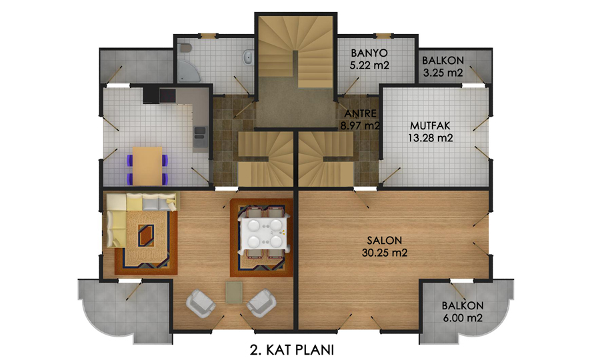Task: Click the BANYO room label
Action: [x=369, y=53]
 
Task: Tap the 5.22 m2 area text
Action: [x=369, y=65]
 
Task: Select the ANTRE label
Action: [x=360, y=113]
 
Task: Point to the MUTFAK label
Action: [x=430, y=125]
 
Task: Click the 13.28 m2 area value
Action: [x=430, y=138]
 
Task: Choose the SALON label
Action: [x=385, y=240]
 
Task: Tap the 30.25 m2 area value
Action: [x=385, y=253]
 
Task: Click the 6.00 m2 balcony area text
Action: [x=463, y=317]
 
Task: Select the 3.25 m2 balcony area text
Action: [x=443, y=72]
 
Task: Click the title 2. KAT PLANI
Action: [x=292, y=350]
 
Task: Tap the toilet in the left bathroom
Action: [x=185, y=48]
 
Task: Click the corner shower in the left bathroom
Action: [x=188, y=71]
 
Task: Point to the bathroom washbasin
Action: [x=248, y=57]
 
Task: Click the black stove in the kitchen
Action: [x=167, y=95]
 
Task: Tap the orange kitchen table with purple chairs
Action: [x=147, y=165]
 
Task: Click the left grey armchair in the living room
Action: [x=200, y=303]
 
